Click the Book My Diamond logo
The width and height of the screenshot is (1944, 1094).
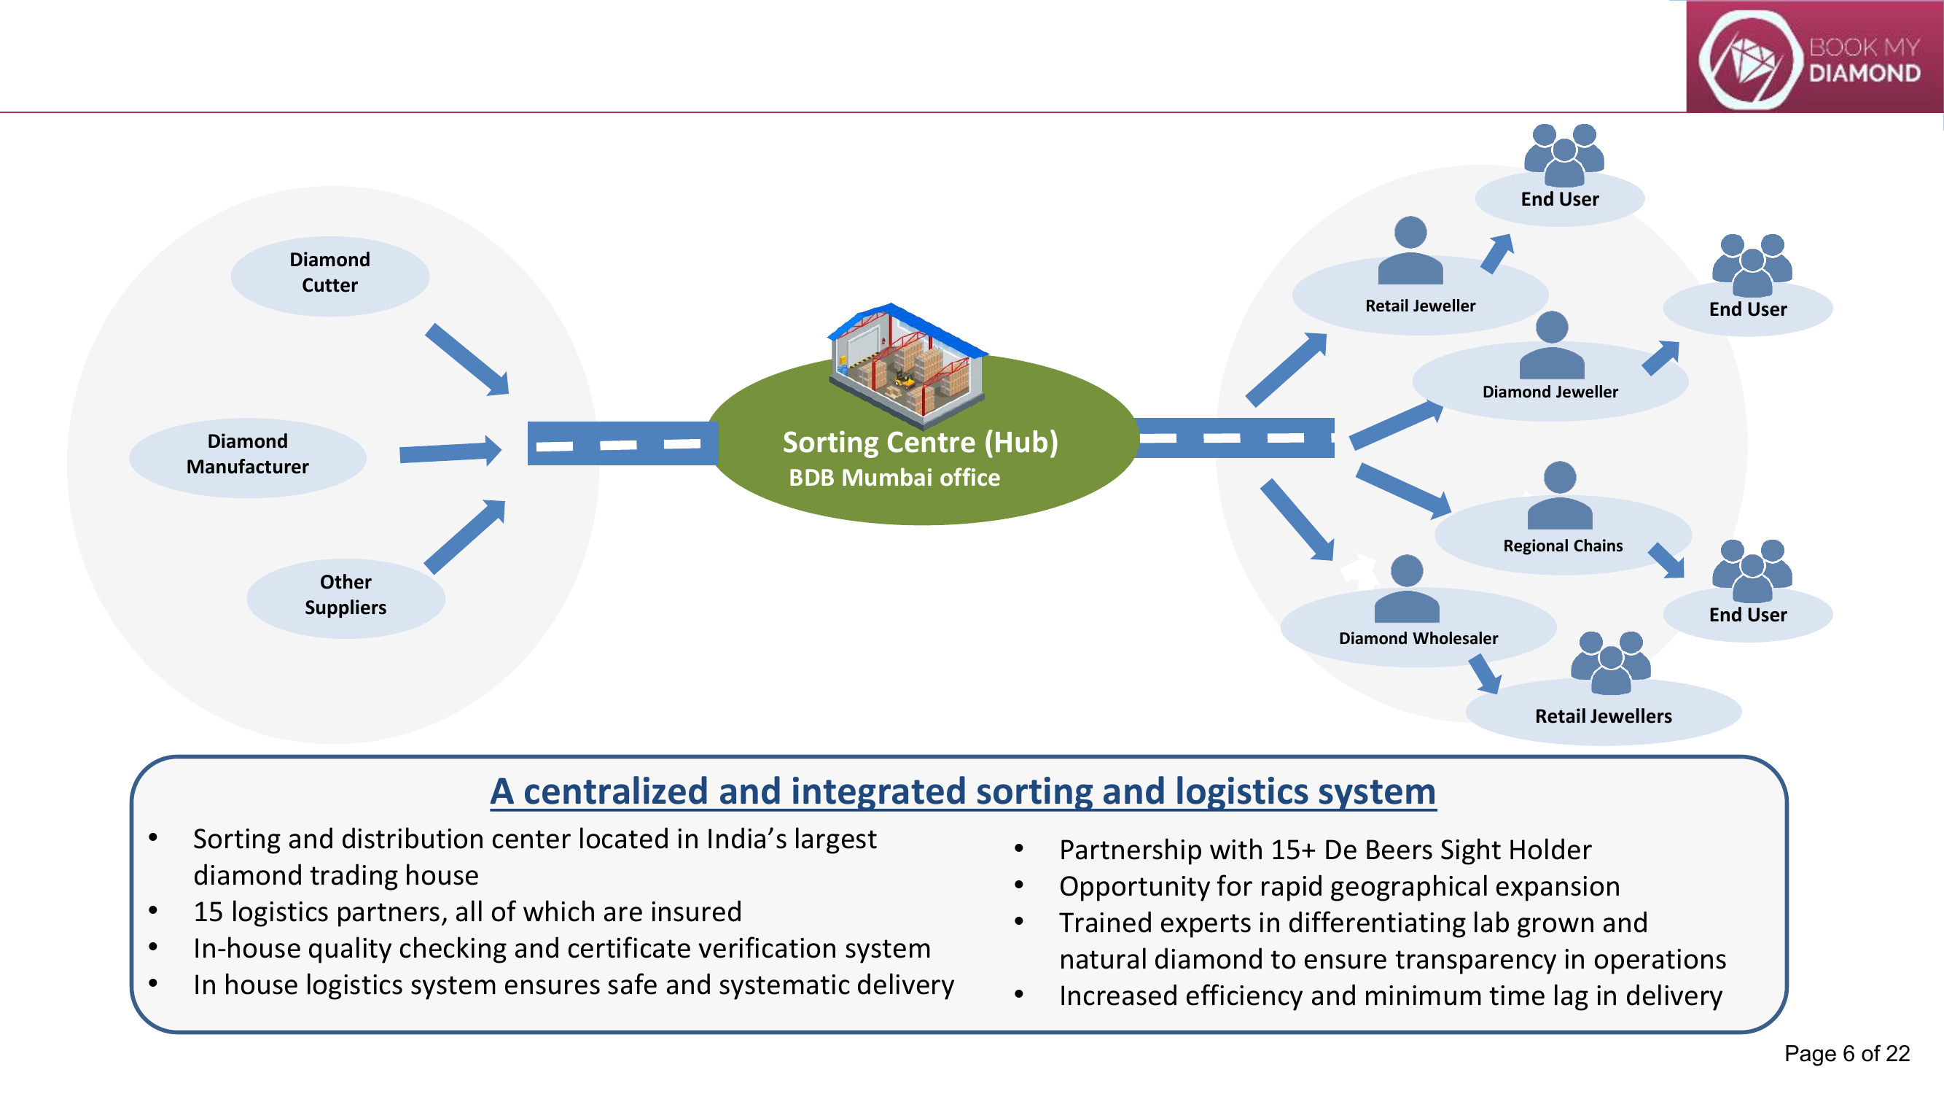click(1814, 57)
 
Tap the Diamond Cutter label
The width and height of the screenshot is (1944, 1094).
click(329, 272)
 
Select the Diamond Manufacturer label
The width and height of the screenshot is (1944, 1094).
click(248, 454)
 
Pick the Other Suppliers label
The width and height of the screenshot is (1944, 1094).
click(346, 594)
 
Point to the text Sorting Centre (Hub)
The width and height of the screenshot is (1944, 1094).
click(920, 442)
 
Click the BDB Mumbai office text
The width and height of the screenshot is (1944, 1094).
click(894, 477)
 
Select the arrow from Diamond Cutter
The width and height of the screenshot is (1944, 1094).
click(468, 360)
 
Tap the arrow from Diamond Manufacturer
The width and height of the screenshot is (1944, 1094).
click(450, 451)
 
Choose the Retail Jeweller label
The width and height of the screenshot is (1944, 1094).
click(1420, 306)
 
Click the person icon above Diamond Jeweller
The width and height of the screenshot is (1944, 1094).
click(1552, 345)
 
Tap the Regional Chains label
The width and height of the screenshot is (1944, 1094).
click(1563, 546)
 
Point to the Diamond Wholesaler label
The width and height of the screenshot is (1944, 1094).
click(1418, 638)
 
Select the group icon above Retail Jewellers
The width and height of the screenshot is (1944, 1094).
click(1610, 662)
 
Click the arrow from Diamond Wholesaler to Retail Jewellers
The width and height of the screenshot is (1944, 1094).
click(1484, 673)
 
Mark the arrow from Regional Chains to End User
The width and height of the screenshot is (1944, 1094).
click(1666, 560)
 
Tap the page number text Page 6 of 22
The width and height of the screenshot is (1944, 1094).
click(1846, 1053)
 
